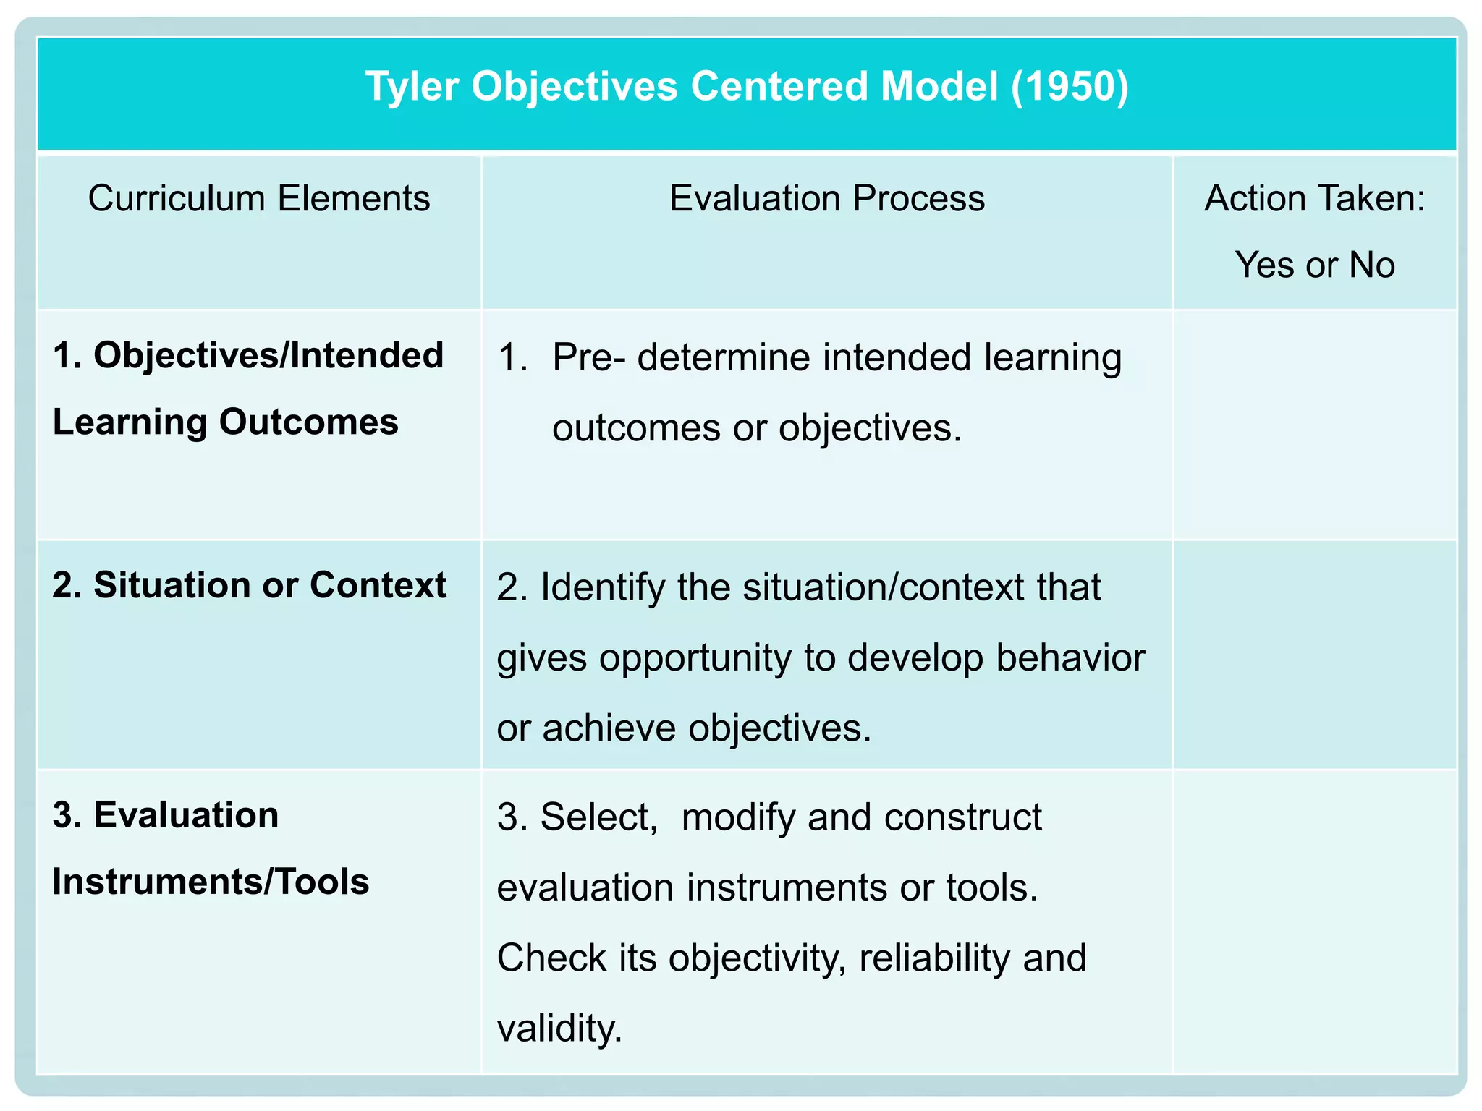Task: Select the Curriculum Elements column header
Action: (259, 198)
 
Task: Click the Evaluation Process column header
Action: (826, 198)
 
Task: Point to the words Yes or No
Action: (1314, 265)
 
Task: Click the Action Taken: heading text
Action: (1314, 198)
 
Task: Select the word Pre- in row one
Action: (588, 357)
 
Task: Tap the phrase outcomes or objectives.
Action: (756, 428)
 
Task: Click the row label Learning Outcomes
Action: (225, 422)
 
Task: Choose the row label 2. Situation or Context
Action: (249, 585)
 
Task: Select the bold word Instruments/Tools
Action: (211, 882)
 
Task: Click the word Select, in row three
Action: (598, 817)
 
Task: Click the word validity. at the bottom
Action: (559, 1028)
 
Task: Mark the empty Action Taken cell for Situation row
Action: (1314, 655)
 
